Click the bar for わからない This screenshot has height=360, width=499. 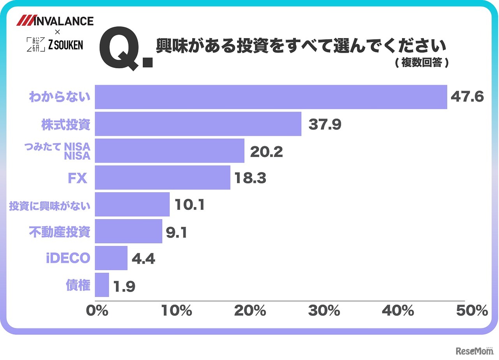tap(271, 97)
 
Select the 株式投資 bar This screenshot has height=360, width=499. tap(198, 124)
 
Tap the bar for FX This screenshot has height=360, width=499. tap(163, 178)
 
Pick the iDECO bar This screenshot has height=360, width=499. tap(111, 258)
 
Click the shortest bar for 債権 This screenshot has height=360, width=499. tap(102, 285)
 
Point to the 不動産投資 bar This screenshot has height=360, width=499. tap(129, 231)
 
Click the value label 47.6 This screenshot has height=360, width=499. tap(467, 97)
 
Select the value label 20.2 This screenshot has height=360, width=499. tap(266, 151)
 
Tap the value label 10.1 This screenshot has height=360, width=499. tap(190, 205)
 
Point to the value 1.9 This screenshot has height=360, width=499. tap(124, 287)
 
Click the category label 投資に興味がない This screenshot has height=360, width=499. tap(50, 205)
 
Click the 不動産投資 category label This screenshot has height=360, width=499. tap(60, 232)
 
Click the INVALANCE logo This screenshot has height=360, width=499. tap(55, 21)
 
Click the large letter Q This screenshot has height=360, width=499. tap(119, 50)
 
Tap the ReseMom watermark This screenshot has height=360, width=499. tap(476, 351)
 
